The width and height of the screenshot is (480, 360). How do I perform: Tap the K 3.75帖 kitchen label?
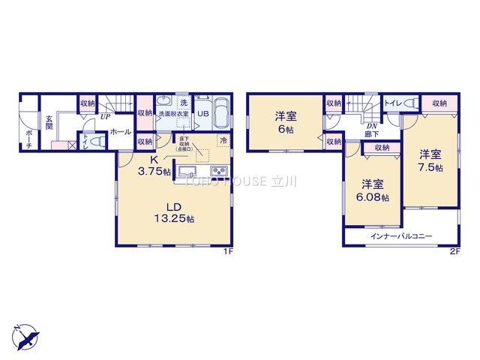pos(153,166)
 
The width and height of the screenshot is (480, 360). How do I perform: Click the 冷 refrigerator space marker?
pos(223,139)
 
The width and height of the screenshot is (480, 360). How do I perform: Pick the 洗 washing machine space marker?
pos(182,101)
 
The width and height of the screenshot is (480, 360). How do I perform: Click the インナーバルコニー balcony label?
pos(401,236)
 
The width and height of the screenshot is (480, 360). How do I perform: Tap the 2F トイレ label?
pos(391,102)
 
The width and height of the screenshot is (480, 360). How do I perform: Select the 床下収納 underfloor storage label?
pos(184,143)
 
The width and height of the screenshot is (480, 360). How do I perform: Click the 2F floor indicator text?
pos(454,253)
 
